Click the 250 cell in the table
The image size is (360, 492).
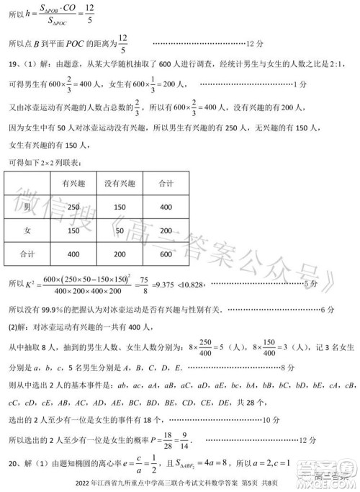tap(73, 207)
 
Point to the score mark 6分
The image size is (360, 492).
tap(327, 310)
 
